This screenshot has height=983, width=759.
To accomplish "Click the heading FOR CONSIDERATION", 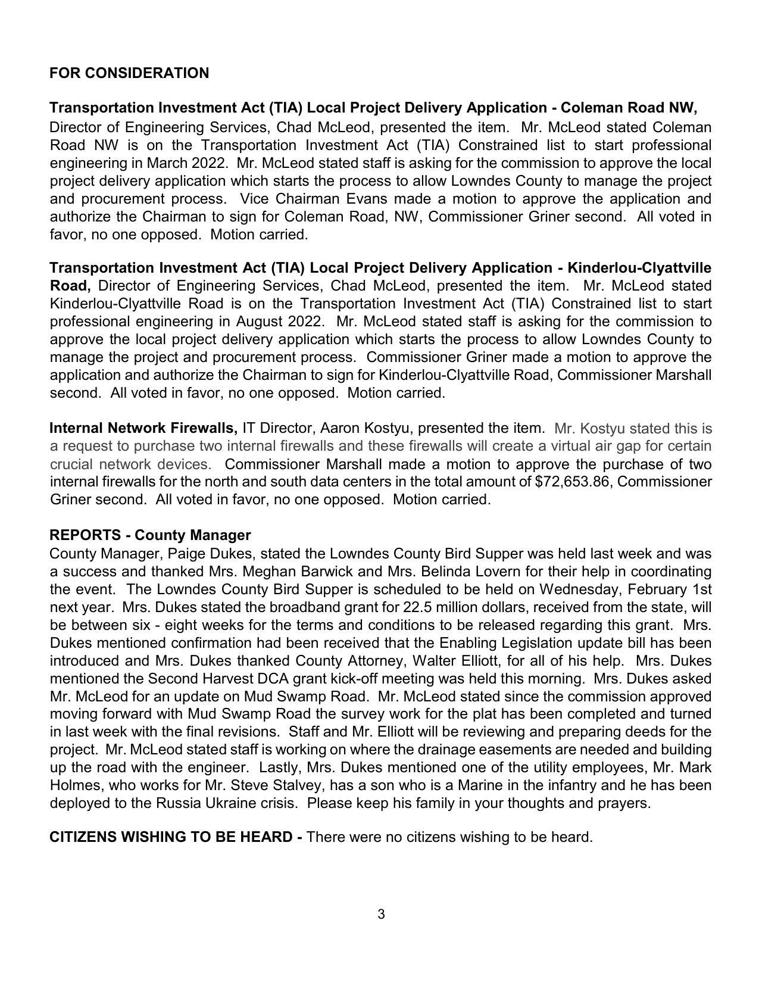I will (x=129, y=73).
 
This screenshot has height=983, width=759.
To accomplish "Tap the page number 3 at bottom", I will (x=381, y=914).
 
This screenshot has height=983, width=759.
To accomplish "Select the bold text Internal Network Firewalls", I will (x=143, y=428).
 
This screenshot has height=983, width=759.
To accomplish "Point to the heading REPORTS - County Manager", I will (x=150, y=535).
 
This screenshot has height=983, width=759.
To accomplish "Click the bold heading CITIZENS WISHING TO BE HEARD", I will (x=176, y=837).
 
